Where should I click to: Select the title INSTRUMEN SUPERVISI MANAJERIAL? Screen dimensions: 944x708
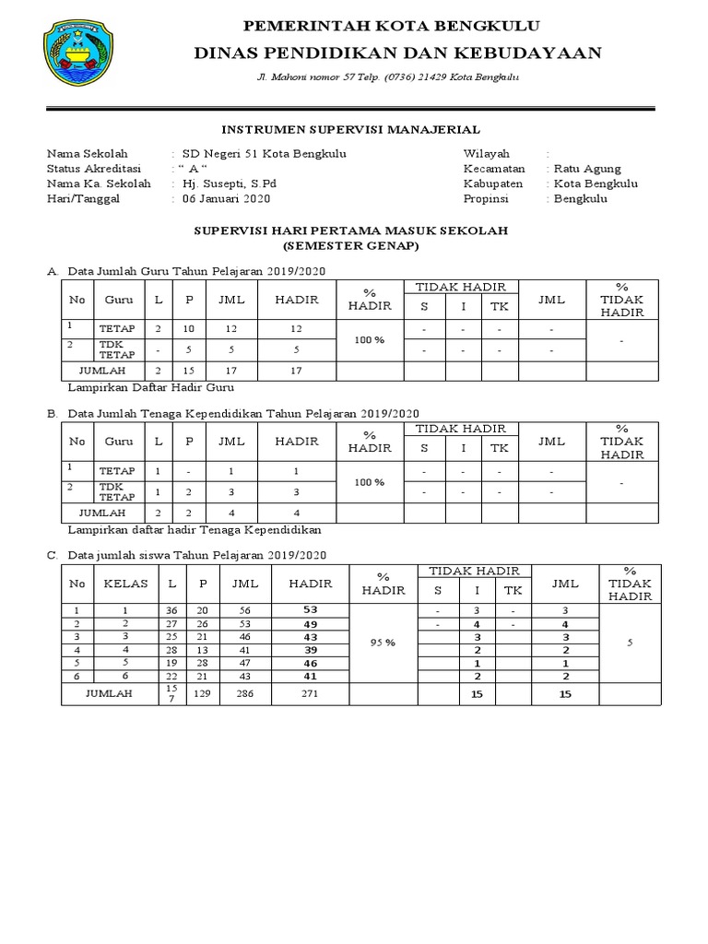(x=353, y=131)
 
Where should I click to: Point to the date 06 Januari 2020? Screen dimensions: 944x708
(x=226, y=198)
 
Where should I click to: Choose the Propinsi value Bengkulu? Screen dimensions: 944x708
(x=581, y=198)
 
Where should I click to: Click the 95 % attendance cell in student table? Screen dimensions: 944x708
(x=383, y=643)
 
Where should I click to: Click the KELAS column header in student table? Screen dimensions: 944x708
(x=119, y=583)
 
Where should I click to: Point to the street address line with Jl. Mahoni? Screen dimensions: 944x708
(x=387, y=77)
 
